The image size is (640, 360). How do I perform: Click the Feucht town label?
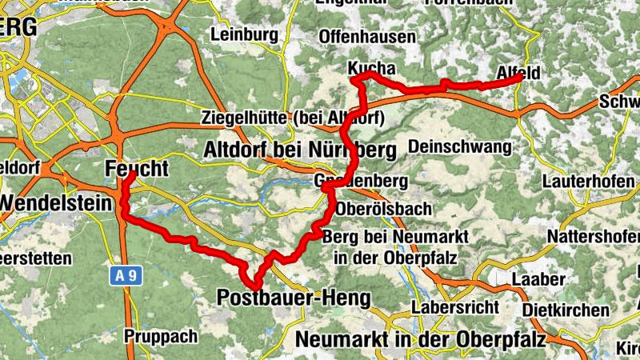pos(137,169)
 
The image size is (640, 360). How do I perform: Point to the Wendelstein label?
pos(56,203)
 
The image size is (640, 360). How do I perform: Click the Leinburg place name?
pos(244,34)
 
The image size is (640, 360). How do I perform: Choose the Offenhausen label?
pos(367,37)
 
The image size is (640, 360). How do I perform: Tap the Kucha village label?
pos(372,69)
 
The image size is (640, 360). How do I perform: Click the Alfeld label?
pos(518,73)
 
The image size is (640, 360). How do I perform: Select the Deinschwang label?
pos(459,146)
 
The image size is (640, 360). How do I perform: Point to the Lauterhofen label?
pos(589,182)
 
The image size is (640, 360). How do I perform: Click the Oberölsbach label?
pos(384,208)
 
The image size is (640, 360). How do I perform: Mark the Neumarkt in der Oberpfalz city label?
pos(421,339)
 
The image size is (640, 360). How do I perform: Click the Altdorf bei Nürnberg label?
pos(300,149)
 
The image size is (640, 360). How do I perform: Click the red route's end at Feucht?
pos(129,174)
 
